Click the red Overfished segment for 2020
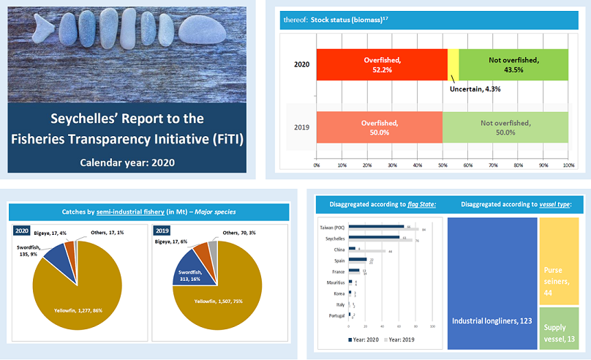pyautogui.click(x=380, y=64)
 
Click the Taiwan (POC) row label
pyautogui.click(x=334, y=227)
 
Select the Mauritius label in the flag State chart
pyautogui.click(x=336, y=282)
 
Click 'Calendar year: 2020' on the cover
pyautogui.click(x=127, y=162)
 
